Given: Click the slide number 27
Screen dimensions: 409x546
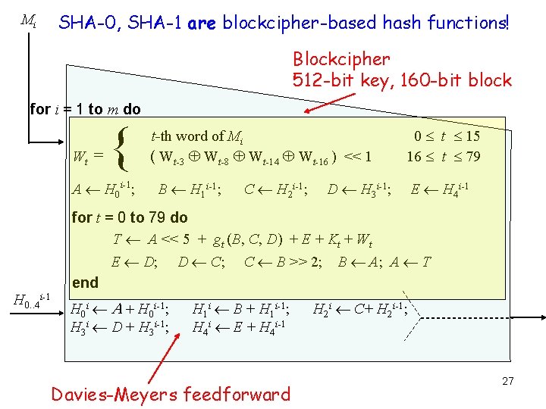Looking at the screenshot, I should pos(507,381).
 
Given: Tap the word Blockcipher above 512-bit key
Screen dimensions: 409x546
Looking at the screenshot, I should pos(341,59).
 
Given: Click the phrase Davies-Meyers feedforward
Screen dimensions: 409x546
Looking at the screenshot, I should pos(171,394).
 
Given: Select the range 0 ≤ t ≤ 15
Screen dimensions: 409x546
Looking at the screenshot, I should pos(447,136).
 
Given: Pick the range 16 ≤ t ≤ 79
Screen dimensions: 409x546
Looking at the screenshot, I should pos(444,157).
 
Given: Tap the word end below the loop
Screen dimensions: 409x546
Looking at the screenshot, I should pos(85,283).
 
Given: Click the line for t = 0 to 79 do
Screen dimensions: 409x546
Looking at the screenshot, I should pos(129,217).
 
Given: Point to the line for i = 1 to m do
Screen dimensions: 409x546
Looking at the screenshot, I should pos(85,109).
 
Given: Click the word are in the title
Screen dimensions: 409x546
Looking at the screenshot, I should pos(202,23).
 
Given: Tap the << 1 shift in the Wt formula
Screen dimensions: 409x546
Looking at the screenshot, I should pos(357,157).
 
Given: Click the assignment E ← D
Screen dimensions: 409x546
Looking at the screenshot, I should pos(134,262).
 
